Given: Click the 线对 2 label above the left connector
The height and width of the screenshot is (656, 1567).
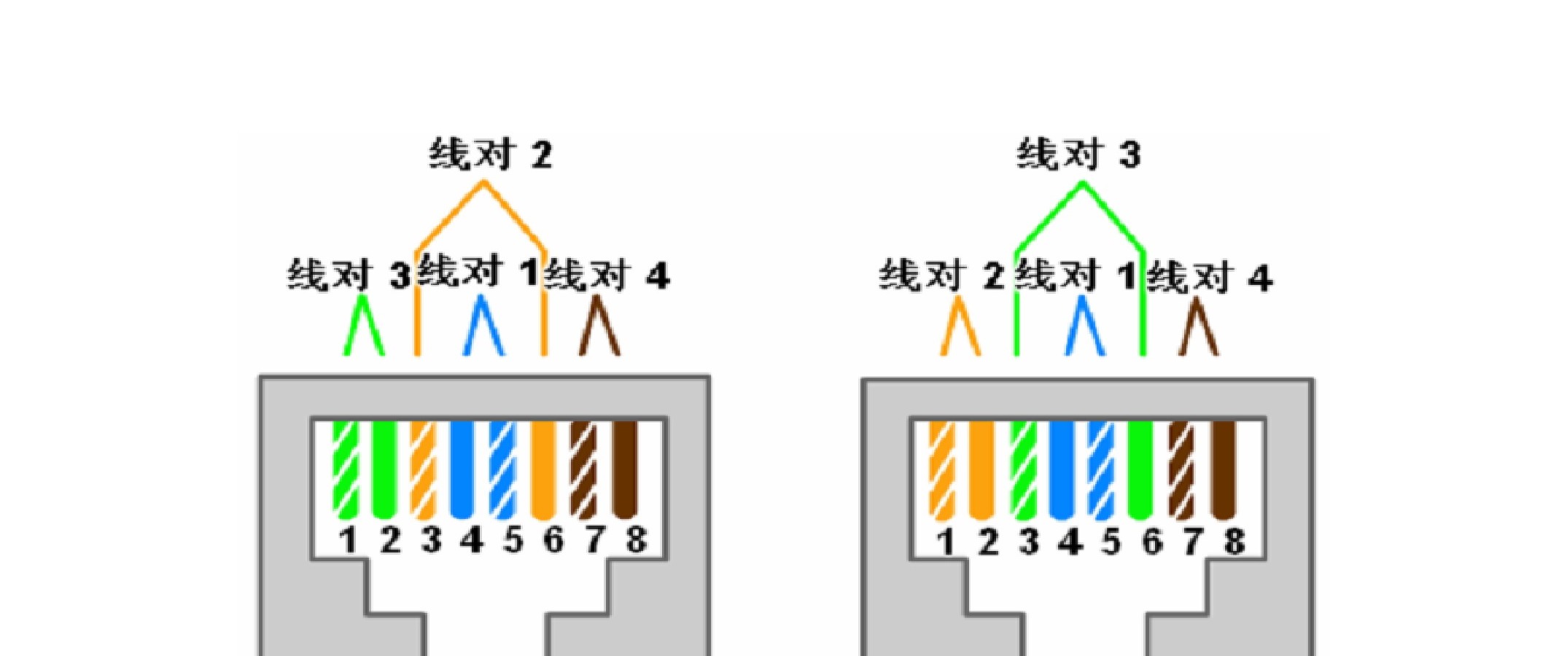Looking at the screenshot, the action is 490,154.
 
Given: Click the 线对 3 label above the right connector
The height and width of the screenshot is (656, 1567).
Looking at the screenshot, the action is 1078,154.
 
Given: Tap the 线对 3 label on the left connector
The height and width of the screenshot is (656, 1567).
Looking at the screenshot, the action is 349,275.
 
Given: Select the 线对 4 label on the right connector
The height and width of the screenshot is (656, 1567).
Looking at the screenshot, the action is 1210,277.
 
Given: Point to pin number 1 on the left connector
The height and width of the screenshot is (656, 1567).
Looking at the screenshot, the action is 348,540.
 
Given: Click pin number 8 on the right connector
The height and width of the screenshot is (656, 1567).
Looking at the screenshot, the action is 1234,542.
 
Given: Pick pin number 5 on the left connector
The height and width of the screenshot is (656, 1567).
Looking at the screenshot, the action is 513,540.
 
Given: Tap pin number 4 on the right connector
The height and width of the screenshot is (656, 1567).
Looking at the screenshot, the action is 1070,542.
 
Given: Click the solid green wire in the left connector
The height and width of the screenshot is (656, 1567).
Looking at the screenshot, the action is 384,469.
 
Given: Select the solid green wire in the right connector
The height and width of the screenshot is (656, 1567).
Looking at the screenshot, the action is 1140,470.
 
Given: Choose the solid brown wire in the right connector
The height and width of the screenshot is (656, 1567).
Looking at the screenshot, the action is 1224,470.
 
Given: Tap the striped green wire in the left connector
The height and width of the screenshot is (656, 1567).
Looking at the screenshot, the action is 346,469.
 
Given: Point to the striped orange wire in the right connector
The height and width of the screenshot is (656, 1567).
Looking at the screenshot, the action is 942,470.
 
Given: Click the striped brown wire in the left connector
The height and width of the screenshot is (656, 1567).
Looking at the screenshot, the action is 583,469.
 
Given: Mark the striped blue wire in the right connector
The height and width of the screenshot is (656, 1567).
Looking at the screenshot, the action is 1100,470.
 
